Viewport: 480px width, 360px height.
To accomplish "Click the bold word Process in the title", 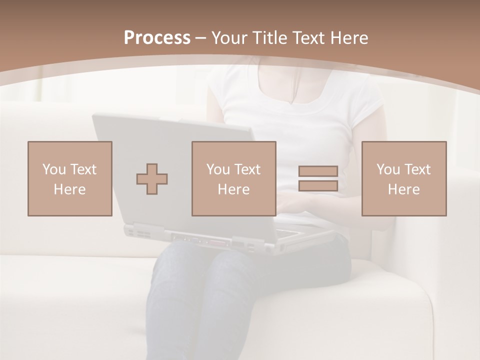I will point(157,38).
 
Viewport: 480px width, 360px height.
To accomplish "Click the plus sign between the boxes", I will point(152,179).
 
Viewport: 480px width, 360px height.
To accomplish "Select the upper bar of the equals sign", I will point(318,171).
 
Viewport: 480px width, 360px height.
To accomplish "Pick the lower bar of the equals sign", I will point(318,186).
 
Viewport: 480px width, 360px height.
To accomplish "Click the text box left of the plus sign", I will point(70,179).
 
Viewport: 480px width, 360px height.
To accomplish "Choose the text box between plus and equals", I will point(234,179).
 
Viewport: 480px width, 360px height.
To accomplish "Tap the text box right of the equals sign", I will point(404,179).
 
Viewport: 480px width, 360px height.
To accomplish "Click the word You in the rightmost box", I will point(387,169).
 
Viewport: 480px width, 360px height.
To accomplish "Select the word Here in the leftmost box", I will point(70,189).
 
